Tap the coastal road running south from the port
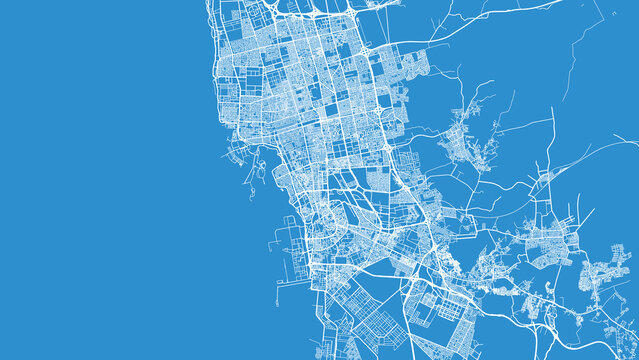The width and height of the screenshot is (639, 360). (318, 320)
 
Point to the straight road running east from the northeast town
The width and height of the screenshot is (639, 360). (520, 124)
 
